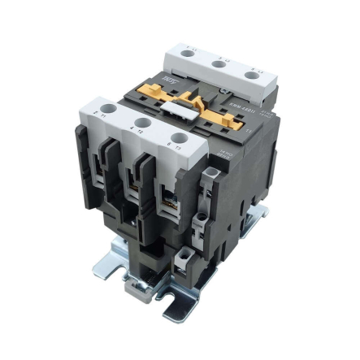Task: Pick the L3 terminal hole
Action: coord(250,75)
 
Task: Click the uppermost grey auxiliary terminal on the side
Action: coord(210,174)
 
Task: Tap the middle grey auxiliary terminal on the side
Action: coord(202,218)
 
